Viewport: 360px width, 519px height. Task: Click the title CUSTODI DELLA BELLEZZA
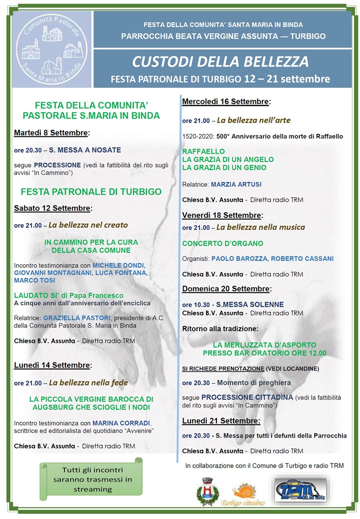click(x=220, y=62)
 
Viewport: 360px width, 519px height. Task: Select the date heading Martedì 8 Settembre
click(x=52, y=133)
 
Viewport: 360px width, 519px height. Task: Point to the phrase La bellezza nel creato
click(x=88, y=225)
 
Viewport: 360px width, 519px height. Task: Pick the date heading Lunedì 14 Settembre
click(x=52, y=365)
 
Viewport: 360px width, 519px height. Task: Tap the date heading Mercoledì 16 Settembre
click(x=226, y=101)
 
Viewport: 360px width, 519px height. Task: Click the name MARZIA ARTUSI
click(x=236, y=184)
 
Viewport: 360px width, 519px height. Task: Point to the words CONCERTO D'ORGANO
click(x=223, y=243)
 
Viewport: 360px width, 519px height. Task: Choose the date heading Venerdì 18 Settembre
click(x=222, y=214)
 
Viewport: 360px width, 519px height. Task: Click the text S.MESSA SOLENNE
click(x=250, y=304)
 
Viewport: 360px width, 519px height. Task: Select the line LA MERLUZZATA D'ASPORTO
click(x=264, y=345)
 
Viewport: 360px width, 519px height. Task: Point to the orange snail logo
click(x=243, y=491)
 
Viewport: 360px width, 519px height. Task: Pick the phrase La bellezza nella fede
click(x=88, y=383)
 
